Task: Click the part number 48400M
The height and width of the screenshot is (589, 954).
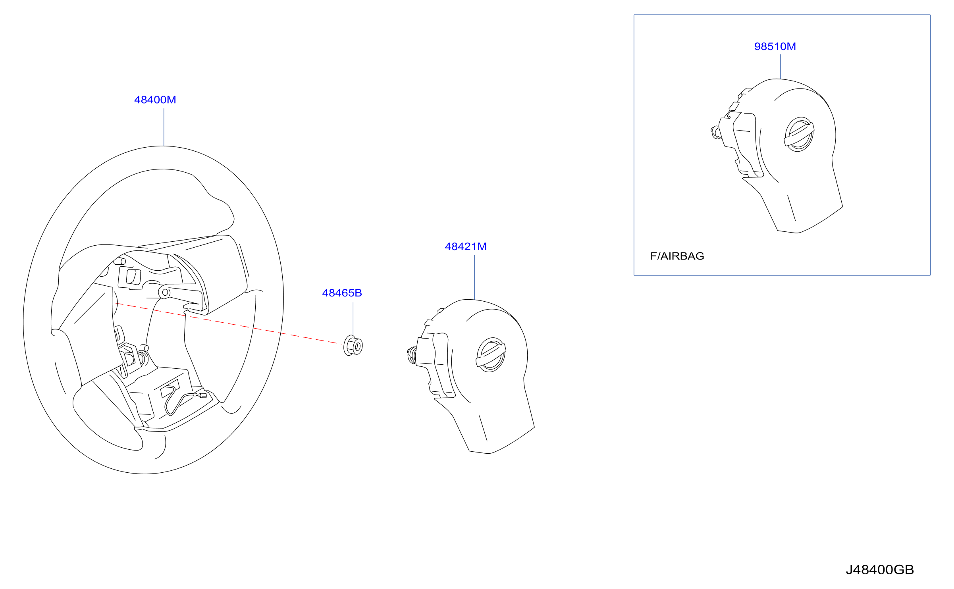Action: [155, 100]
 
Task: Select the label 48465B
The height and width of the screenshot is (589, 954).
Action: [342, 293]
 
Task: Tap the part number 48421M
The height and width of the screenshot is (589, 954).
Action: [466, 246]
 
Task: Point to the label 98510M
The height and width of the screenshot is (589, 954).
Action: [775, 46]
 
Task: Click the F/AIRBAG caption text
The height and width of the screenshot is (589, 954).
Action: [677, 256]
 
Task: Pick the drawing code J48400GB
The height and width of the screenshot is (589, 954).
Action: [880, 570]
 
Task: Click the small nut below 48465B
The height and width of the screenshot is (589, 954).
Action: [353, 345]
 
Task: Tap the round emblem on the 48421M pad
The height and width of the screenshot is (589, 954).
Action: [491, 354]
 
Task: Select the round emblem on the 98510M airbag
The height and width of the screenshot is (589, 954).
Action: [799, 134]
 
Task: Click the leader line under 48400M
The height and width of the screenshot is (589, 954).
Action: [164, 127]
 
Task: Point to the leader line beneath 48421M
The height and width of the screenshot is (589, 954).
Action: [475, 277]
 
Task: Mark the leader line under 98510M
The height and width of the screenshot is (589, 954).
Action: [781, 67]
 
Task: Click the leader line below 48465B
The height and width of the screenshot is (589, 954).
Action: [353, 319]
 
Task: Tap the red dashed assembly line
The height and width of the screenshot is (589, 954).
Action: [228, 323]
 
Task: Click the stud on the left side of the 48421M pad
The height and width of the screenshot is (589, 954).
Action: [412, 355]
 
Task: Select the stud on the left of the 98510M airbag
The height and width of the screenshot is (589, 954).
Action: [715, 132]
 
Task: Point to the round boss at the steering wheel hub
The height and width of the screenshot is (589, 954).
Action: [164, 293]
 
